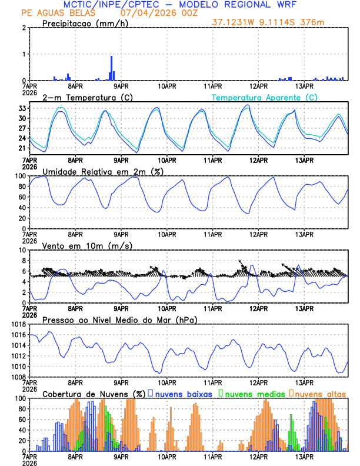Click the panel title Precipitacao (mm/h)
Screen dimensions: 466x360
pos(82,23)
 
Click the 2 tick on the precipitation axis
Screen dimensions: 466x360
pos(25,28)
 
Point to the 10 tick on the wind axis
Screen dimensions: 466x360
pos(22,251)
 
